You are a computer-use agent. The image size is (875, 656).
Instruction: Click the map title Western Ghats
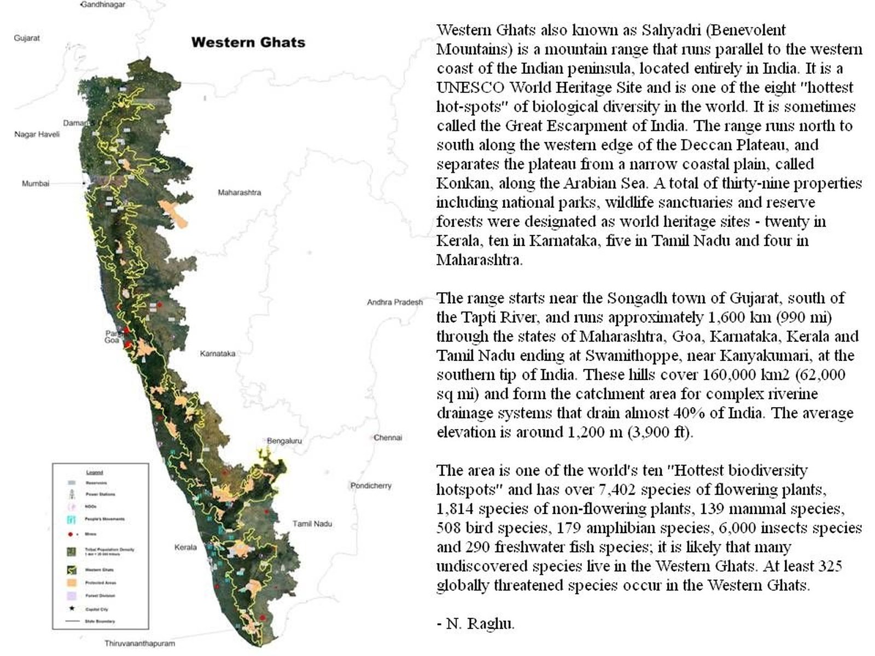tap(248, 43)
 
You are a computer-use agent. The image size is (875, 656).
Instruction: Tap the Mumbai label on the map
tap(36, 184)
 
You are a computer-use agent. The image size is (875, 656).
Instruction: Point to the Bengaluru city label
tap(284, 441)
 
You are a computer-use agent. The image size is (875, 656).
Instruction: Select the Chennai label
tap(388, 437)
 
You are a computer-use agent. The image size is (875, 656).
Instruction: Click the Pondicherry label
tap(371, 485)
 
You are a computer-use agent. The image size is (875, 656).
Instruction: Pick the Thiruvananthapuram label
tap(140, 643)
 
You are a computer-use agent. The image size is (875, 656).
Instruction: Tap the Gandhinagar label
tap(103, 4)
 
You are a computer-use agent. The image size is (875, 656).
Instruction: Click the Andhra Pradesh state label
tap(394, 302)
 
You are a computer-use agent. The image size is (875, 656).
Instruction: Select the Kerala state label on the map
tap(185, 547)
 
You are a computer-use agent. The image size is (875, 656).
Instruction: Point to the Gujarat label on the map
tap(27, 38)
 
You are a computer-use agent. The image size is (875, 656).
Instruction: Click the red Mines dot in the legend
tap(71, 534)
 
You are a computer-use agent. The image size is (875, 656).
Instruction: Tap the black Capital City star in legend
tap(71, 608)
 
